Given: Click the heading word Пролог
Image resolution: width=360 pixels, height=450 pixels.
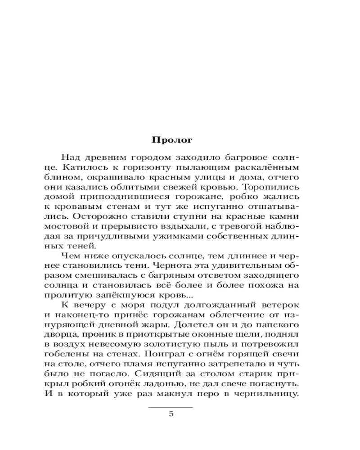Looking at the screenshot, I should click(x=173, y=139).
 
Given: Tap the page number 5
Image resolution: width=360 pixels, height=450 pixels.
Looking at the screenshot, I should click(x=171, y=414).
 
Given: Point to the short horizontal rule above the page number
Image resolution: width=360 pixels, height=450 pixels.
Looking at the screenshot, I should click(x=171, y=407).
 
